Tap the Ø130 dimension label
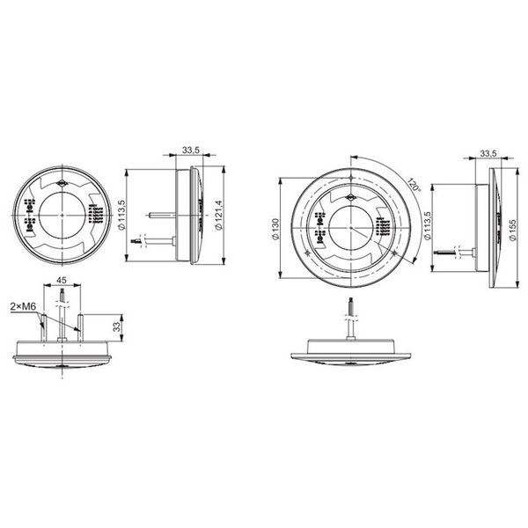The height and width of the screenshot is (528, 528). [x=275, y=227]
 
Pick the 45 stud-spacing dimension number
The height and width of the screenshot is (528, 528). [x=62, y=281]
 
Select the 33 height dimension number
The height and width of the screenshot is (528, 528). [x=116, y=326]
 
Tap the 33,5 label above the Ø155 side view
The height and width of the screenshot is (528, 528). [x=491, y=154]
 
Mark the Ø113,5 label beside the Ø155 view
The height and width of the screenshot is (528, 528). [x=427, y=228]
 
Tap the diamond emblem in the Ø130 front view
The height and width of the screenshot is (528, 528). [x=350, y=197]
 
